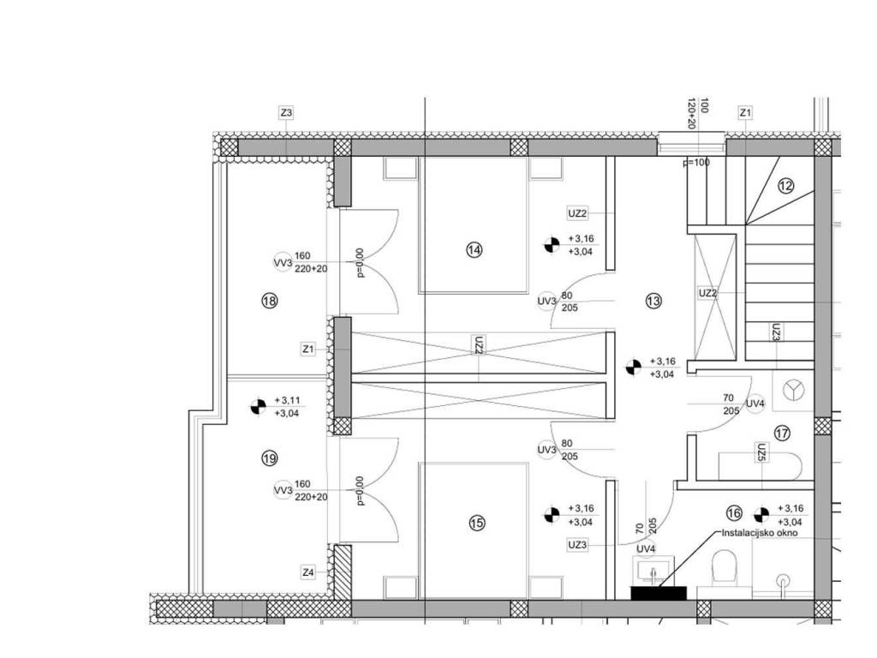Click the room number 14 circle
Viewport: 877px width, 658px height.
474,250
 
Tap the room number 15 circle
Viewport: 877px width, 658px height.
477,523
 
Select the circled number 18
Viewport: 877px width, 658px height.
269,301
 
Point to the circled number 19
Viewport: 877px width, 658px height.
269,459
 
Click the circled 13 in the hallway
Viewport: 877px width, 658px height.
653,301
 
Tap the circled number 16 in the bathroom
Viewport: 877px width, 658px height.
733,513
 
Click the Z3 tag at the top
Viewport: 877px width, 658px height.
286,112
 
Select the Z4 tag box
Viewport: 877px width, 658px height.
308,572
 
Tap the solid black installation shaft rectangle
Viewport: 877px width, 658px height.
659,593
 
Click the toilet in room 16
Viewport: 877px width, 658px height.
727,568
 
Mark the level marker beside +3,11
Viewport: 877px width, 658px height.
258,406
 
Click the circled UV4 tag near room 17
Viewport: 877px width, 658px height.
755,404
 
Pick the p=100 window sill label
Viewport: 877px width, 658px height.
695,162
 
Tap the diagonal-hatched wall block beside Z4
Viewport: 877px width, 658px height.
343,573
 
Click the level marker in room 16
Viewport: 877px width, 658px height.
760,514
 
